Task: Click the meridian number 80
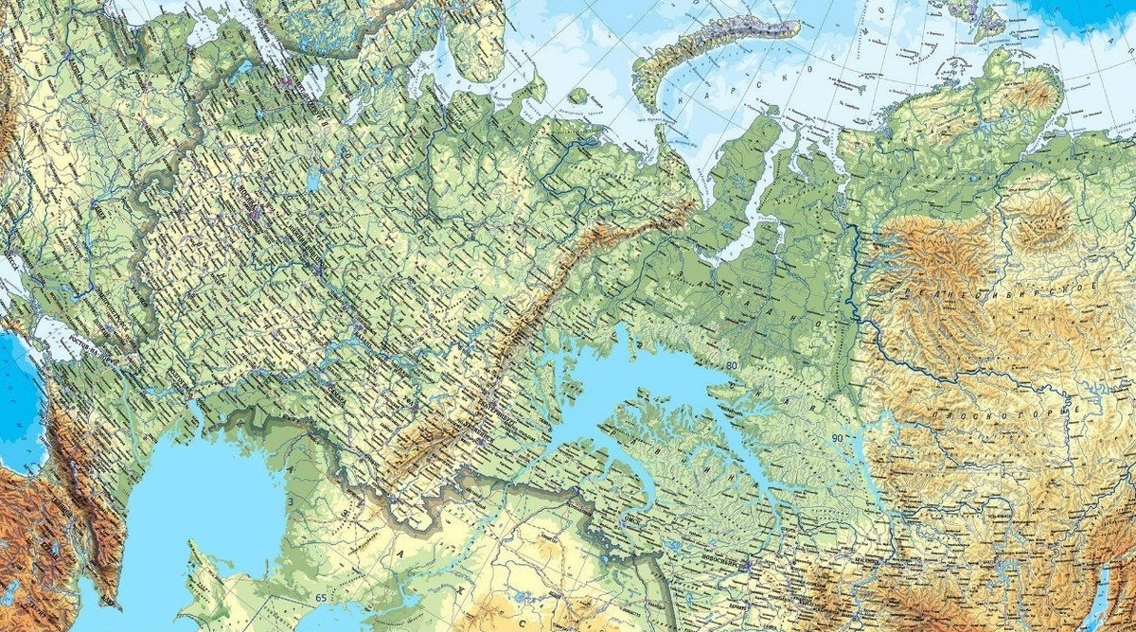click(731, 364)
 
